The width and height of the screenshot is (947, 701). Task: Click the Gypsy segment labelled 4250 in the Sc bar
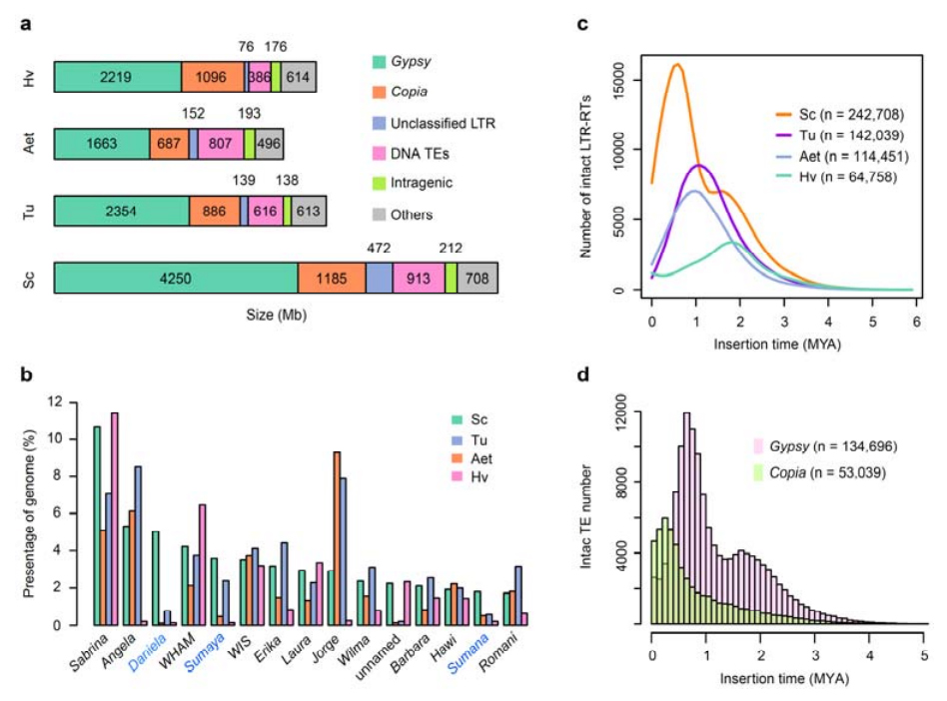175,279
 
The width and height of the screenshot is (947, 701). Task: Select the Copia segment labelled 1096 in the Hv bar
213,77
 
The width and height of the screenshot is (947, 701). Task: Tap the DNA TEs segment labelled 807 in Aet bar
220,144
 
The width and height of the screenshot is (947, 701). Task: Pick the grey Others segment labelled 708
477,279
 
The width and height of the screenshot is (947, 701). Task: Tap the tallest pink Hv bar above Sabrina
115,518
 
